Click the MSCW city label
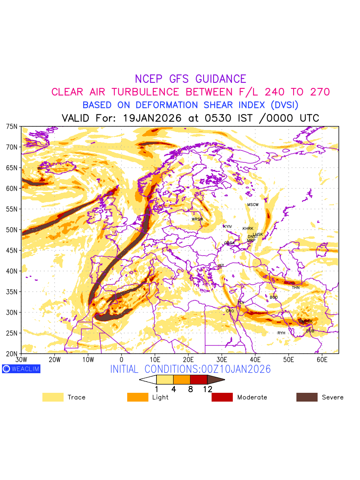click(x=253, y=205)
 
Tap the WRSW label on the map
click(x=197, y=219)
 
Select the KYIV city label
click(x=228, y=227)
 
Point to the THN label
click(x=296, y=288)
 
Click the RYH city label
click(x=282, y=333)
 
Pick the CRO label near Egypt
click(x=230, y=311)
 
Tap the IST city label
click(x=221, y=266)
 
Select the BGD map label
click(x=274, y=298)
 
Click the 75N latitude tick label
click(x=12, y=126)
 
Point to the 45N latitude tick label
click(x=12, y=250)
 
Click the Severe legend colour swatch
click(x=307, y=397)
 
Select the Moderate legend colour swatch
click(x=222, y=397)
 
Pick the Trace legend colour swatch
click(x=53, y=397)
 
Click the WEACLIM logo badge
click(x=21, y=369)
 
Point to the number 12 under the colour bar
click(x=208, y=389)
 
